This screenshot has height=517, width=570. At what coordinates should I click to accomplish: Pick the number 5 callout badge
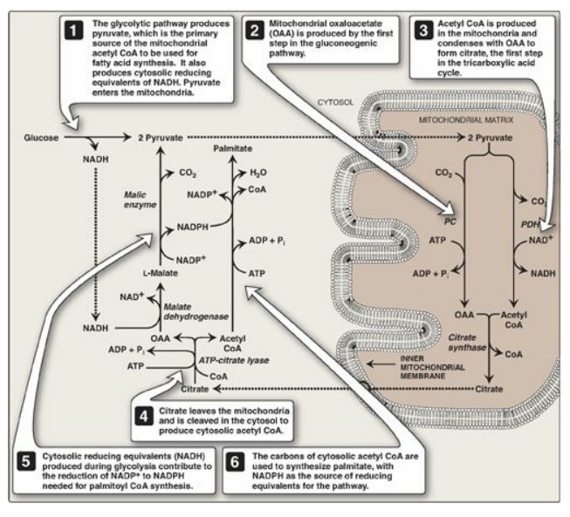(x=27, y=459)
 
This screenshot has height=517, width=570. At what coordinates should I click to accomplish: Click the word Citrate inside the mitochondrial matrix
(x=491, y=386)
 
